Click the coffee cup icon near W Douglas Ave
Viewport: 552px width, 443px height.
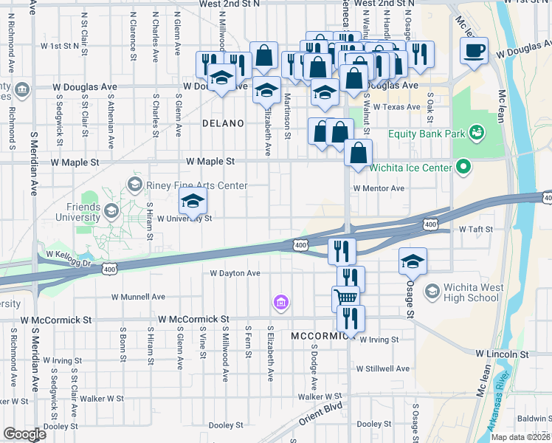point(473,51)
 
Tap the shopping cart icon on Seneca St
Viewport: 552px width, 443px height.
point(345,297)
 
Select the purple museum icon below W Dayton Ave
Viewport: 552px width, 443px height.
point(280,302)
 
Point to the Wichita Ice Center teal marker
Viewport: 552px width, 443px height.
point(463,168)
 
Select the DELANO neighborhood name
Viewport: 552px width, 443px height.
point(223,123)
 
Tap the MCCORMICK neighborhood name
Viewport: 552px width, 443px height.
point(319,336)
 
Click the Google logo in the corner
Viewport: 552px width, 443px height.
point(24,434)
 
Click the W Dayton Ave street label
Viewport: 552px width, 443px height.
point(235,272)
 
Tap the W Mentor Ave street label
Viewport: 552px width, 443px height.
point(379,188)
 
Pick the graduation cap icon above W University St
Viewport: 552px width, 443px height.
point(193,201)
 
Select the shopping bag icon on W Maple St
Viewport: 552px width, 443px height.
point(358,153)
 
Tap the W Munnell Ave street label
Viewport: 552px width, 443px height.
point(139,297)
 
